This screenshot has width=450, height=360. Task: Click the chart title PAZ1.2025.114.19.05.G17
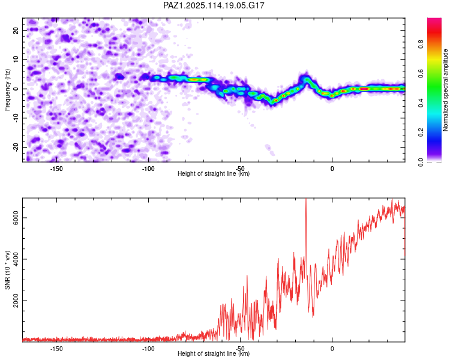[214, 5]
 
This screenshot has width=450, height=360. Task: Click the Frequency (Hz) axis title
[7, 90]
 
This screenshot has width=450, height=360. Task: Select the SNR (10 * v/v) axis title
[7, 270]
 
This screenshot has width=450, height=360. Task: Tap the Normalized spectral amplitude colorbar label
[445, 90]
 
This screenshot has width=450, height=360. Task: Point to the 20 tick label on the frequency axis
[16, 30]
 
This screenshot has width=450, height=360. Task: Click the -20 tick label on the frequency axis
[16, 147]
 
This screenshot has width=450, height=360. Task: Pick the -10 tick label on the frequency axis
[16, 118]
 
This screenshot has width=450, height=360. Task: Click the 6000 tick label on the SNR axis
[16, 218]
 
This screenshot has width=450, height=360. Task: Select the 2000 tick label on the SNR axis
[16, 301]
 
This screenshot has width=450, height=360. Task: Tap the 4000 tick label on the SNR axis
[16, 259]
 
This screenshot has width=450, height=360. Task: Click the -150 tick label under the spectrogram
[56, 169]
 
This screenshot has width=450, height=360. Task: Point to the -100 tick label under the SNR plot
[148, 349]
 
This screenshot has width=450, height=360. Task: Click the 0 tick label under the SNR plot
[332, 349]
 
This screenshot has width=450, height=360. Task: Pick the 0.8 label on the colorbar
[421, 44]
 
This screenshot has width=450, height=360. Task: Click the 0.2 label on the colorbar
[421, 133]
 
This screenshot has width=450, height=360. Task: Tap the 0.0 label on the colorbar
[421, 162]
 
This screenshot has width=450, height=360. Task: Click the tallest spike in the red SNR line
[306, 199]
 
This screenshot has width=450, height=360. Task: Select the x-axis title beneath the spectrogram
[214, 173]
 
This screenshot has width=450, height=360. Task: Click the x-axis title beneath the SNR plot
[214, 353]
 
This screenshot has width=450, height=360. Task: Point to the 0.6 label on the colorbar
[421, 74]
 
